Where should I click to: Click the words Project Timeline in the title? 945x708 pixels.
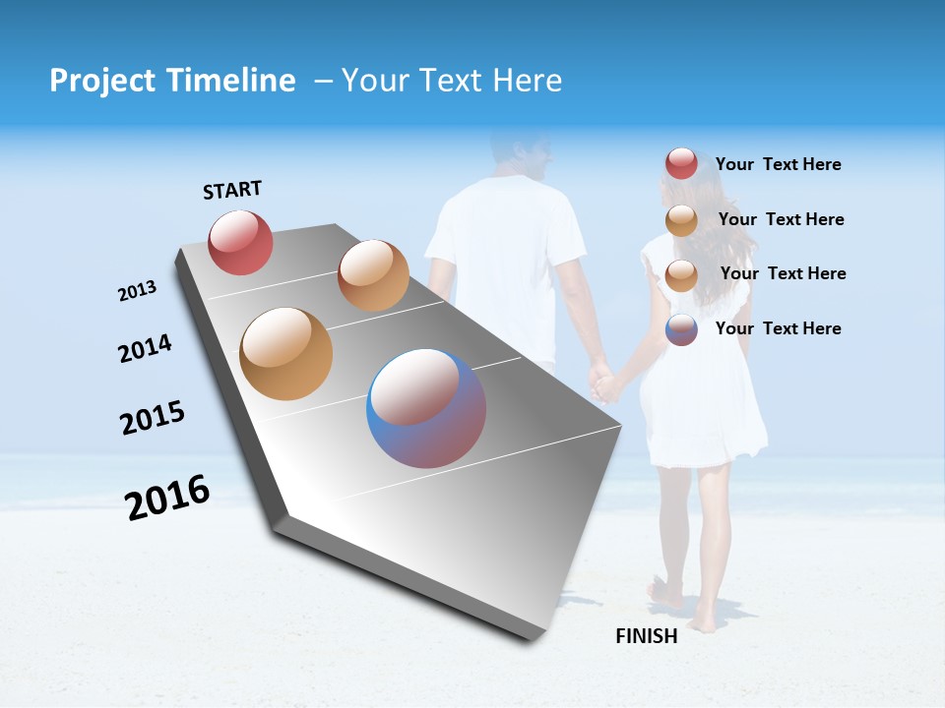172,81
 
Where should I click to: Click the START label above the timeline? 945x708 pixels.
232,190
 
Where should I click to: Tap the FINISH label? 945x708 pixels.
646,636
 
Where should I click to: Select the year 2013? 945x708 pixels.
137,291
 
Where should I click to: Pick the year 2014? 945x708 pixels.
145,349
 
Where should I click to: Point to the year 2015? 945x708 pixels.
153,417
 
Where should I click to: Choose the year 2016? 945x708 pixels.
167,498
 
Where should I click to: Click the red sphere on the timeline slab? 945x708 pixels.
240,243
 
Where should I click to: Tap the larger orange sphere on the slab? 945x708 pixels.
285,354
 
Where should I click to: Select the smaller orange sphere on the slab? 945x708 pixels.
373,275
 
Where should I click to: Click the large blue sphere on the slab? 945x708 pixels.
426,408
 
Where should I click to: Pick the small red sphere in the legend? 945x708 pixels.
681,164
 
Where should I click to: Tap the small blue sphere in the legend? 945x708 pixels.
681,329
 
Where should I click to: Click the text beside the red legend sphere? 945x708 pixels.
778,165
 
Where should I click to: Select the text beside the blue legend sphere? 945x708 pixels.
778,328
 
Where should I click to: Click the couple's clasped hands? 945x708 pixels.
603,382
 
